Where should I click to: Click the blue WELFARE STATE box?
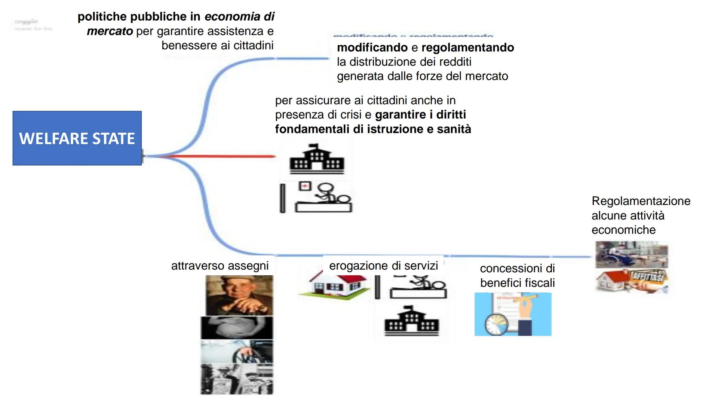point(77,138)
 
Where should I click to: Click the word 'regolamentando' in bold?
point(467,48)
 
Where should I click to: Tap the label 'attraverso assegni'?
point(220,266)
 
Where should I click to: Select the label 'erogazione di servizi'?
point(383,266)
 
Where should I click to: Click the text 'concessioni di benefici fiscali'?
point(517,276)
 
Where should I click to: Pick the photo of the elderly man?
point(239,296)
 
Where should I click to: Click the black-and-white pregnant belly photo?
point(237,328)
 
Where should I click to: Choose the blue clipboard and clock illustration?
point(513,314)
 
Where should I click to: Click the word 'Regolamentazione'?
point(641,201)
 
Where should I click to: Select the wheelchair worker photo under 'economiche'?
point(632,255)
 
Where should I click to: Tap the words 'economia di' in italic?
point(239,16)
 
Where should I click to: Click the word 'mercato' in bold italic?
point(110,31)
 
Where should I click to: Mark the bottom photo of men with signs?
point(237,379)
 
